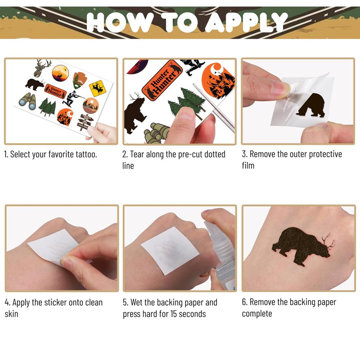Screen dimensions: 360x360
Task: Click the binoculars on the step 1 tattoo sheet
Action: pyautogui.click(x=28, y=101)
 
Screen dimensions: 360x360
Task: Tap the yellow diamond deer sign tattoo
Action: pyautogui.click(x=98, y=88)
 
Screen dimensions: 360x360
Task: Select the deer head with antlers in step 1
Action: pyautogui.click(x=42, y=68)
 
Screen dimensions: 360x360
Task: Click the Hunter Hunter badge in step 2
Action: pyautogui.click(x=162, y=80)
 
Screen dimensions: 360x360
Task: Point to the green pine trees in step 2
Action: pyautogui.click(x=186, y=103)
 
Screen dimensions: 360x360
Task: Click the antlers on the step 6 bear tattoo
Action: pyautogui.click(x=328, y=242)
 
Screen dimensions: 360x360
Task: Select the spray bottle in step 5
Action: pyautogui.click(x=220, y=250)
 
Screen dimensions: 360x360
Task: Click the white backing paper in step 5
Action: pyautogui.click(x=170, y=251)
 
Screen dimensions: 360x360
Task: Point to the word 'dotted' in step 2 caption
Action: pyautogui.click(x=215, y=154)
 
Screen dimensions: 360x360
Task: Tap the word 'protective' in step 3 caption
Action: pyautogui.click(x=325, y=154)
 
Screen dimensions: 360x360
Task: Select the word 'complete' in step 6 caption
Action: pyautogui.click(x=257, y=314)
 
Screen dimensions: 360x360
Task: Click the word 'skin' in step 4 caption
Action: pyautogui.click(x=11, y=314)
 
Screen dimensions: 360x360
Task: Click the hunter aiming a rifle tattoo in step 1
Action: pyautogui.click(x=72, y=98)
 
